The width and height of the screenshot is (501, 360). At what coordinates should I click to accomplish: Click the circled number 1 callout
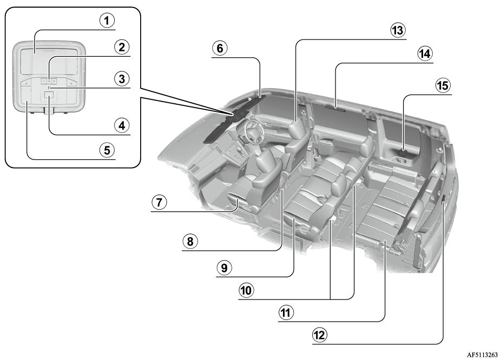point(107,21)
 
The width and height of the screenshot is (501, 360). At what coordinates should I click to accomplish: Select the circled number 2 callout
point(122,47)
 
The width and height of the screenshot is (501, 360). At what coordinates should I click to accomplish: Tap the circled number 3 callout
point(122,78)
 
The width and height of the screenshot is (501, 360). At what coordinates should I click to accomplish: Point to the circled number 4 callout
point(122,125)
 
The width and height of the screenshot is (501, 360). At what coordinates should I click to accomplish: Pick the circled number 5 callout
point(107,150)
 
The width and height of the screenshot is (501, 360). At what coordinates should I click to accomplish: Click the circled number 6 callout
point(220,49)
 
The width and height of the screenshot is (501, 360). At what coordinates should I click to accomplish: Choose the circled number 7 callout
point(159,202)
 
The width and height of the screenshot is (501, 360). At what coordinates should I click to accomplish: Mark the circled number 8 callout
point(190,241)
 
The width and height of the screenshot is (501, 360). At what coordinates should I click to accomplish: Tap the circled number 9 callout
point(225,268)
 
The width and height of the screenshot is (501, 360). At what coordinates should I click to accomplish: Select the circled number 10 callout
point(246,290)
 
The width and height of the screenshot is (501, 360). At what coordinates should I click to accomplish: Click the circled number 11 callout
point(286,312)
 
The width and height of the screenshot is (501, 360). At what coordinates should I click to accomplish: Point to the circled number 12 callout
point(320,335)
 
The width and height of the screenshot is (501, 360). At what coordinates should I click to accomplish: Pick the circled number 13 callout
point(398,30)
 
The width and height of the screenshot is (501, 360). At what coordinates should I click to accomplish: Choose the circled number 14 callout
point(425,54)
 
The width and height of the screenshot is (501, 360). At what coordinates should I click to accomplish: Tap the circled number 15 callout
point(443,85)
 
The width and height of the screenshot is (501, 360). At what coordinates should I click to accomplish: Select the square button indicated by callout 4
point(49,94)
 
